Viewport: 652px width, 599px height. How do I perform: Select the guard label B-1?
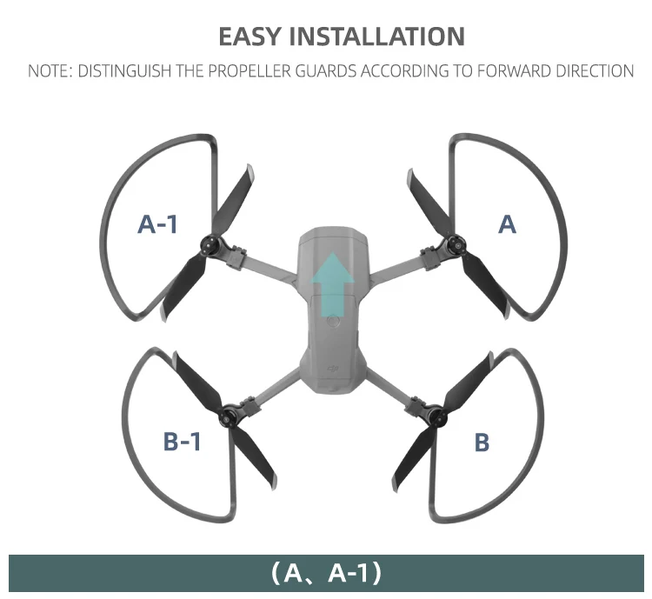click(x=183, y=442)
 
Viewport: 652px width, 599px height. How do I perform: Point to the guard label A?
click(x=508, y=224)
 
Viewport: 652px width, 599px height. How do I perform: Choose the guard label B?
click(x=482, y=442)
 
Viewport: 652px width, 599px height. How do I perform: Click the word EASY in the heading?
click(x=248, y=37)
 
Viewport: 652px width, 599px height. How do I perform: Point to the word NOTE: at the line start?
click(x=50, y=70)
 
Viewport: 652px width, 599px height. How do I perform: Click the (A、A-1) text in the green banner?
click(x=326, y=574)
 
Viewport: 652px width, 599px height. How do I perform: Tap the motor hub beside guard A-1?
click(x=211, y=244)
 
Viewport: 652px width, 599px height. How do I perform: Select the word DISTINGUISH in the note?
click(x=121, y=70)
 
